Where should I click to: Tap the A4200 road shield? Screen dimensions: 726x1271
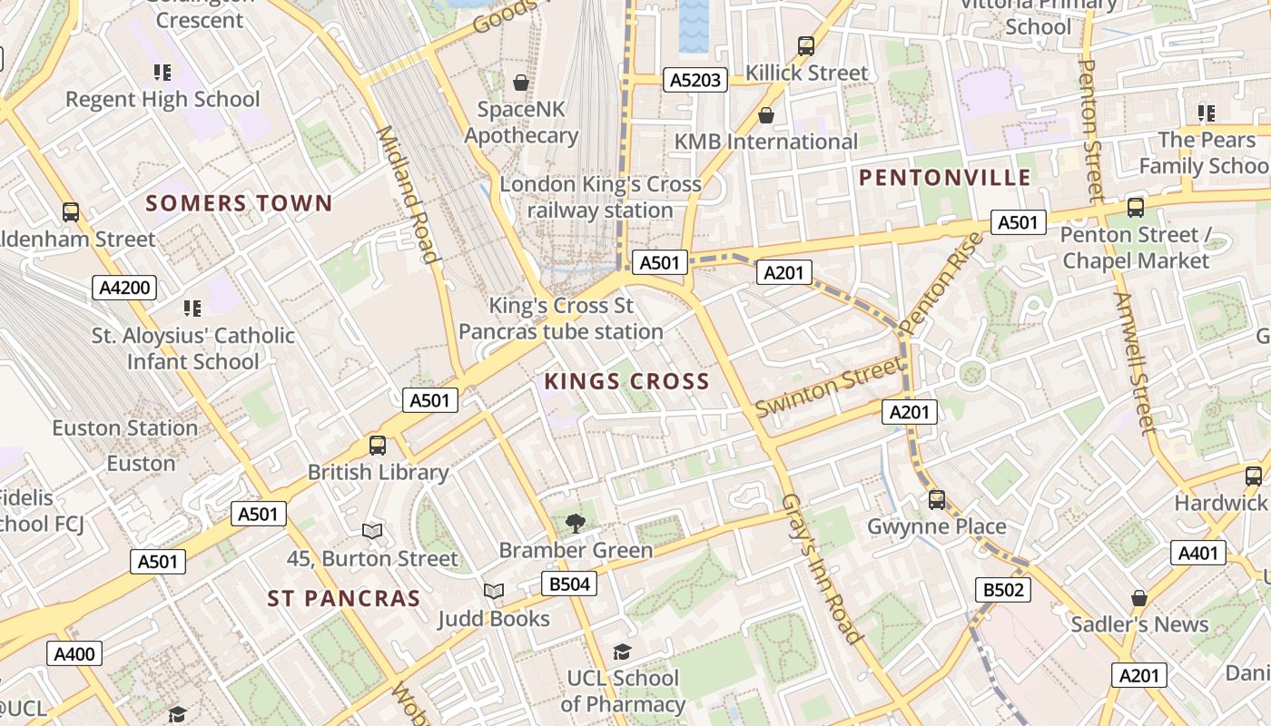click(x=124, y=289)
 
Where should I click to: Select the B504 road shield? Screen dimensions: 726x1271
click(x=570, y=584)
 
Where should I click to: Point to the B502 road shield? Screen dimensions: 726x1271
click(x=1003, y=590)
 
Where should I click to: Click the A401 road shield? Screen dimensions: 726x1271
click(x=1197, y=553)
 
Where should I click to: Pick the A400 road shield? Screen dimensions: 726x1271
click(x=74, y=653)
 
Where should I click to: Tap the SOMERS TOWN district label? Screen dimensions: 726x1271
click(x=240, y=203)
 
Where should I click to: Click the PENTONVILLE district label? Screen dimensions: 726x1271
click(x=945, y=178)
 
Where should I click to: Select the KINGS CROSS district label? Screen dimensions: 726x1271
click(x=626, y=382)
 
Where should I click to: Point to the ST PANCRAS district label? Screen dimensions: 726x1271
click(x=344, y=599)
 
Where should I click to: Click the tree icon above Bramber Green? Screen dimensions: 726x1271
click(x=575, y=523)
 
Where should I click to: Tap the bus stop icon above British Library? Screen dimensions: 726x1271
click(x=378, y=446)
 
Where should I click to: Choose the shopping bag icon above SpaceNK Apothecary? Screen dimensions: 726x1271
click(x=521, y=83)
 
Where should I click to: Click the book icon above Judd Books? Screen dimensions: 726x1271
click(x=493, y=592)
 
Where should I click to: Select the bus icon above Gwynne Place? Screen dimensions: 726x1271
click(x=937, y=500)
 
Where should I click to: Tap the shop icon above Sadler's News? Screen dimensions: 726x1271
click(x=1139, y=598)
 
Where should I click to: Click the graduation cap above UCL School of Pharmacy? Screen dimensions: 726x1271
click(x=622, y=652)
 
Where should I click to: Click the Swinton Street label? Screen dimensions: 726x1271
click(x=829, y=388)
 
